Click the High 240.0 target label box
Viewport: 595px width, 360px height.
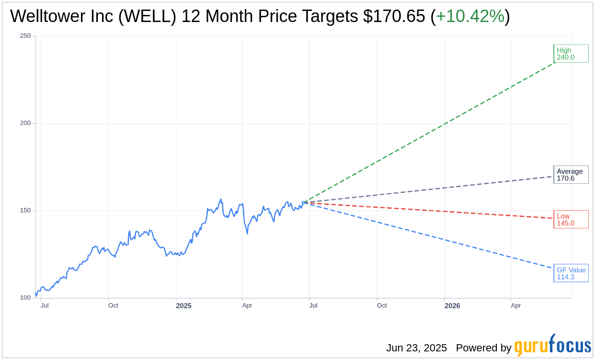coord(571,54)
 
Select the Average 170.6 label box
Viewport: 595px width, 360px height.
coord(571,175)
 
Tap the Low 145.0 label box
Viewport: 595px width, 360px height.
coord(571,219)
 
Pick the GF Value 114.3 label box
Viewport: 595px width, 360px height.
coord(571,273)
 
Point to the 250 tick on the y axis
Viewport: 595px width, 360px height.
coord(25,36)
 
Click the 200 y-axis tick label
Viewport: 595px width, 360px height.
coord(25,123)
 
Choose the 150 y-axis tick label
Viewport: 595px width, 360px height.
coord(25,211)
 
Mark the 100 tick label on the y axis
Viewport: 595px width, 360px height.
coord(25,298)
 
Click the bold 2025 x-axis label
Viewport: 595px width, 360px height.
coord(183,306)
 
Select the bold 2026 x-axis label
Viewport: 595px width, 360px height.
coord(452,306)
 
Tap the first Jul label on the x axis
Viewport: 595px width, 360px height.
coord(45,305)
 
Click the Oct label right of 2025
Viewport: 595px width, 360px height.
coord(382,305)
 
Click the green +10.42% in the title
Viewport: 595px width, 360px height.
coord(470,16)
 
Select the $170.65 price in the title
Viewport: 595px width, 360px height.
coord(394,16)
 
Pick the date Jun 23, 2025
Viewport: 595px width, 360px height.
coord(416,348)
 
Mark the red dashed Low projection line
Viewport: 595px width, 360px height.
coord(431,210)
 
